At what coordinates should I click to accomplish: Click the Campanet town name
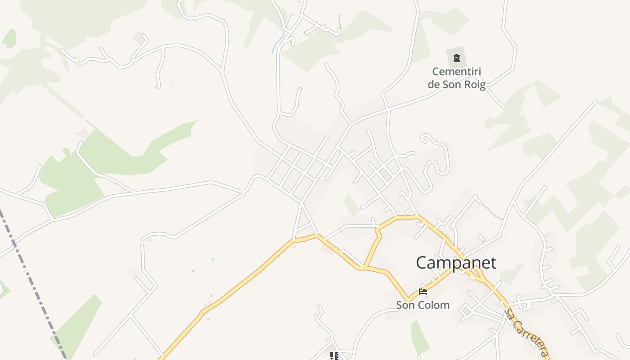pyautogui.click(x=456, y=262)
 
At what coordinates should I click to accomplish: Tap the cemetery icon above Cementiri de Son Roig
pyautogui.click(x=457, y=58)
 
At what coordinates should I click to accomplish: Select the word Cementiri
pyautogui.click(x=457, y=72)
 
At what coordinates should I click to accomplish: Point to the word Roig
pyautogui.click(x=473, y=85)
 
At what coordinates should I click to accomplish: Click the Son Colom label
pyautogui.click(x=423, y=305)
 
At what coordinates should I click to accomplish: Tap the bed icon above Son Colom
pyautogui.click(x=423, y=291)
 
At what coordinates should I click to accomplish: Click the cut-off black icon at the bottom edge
pyautogui.click(x=334, y=356)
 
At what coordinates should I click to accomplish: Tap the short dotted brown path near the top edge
pyautogui.click(x=340, y=22)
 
